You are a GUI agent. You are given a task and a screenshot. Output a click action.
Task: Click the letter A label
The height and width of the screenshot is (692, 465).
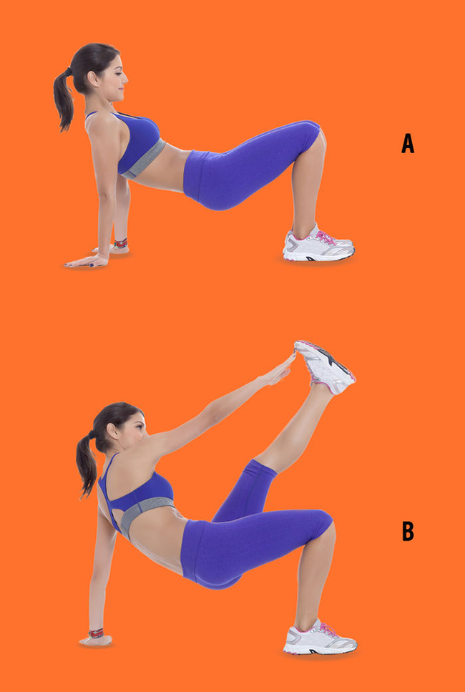408,143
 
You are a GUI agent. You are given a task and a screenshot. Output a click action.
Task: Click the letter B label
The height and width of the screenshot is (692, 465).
408,532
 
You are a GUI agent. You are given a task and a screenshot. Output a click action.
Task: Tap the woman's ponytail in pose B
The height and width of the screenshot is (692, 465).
87,466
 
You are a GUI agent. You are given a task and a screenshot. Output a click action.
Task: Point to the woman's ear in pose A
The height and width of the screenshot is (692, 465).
94,79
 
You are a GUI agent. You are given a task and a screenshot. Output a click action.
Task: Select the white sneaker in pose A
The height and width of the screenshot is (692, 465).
318,245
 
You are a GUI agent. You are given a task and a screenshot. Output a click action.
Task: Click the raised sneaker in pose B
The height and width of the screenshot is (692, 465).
324,366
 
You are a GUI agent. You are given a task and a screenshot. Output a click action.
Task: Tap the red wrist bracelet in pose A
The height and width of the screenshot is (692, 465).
120,243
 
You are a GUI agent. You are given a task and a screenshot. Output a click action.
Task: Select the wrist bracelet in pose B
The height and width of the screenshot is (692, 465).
96,633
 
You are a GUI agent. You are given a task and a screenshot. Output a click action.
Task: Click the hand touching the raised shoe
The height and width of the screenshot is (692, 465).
278,370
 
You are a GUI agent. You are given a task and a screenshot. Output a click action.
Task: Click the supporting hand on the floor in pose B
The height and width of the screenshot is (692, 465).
95,640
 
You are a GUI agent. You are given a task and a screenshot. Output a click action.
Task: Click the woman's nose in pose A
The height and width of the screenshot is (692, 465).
125,80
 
